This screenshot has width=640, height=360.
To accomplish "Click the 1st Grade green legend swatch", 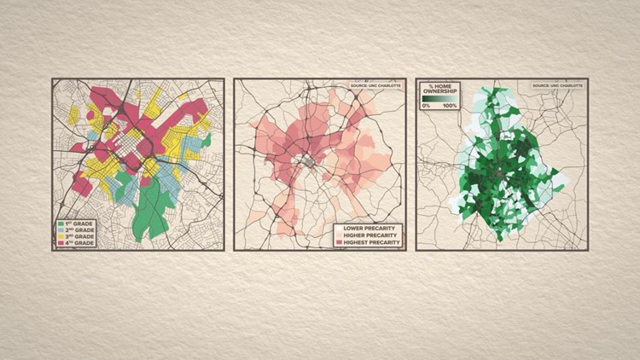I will [60, 224].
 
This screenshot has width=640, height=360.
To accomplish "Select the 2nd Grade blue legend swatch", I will [60, 230].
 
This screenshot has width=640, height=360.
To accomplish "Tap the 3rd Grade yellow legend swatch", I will [60, 236].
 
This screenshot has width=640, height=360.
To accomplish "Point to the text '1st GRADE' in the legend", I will [79, 224].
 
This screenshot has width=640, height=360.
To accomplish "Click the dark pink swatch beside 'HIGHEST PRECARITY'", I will [340, 243].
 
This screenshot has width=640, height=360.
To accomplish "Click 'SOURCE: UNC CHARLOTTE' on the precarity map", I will [373, 85].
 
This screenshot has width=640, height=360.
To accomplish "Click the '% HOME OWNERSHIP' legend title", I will [439, 90].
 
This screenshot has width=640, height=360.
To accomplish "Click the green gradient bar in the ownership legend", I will [439, 99].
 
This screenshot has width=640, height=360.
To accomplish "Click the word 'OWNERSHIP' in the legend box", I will [439, 92].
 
